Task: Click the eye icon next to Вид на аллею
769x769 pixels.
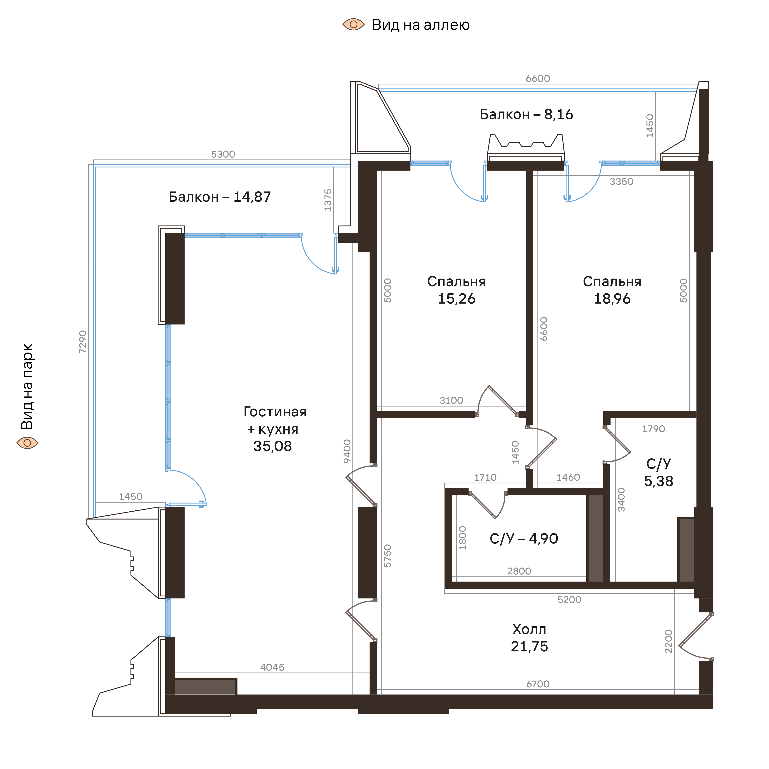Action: coord(354,25)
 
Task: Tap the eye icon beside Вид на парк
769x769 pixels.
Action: coord(27,443)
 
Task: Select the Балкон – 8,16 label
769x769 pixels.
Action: coord(526,115)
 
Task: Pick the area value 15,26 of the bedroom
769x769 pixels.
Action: coord(457,299)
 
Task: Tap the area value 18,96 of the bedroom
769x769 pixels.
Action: coord(612,299)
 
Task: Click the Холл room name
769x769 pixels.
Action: coord(529,629)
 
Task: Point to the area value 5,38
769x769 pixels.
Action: coord(659,481)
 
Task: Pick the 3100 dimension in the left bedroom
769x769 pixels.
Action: coord(451,400)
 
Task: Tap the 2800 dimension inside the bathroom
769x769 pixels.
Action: coord(519,571)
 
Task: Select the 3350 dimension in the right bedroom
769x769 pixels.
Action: coord(621,181)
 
